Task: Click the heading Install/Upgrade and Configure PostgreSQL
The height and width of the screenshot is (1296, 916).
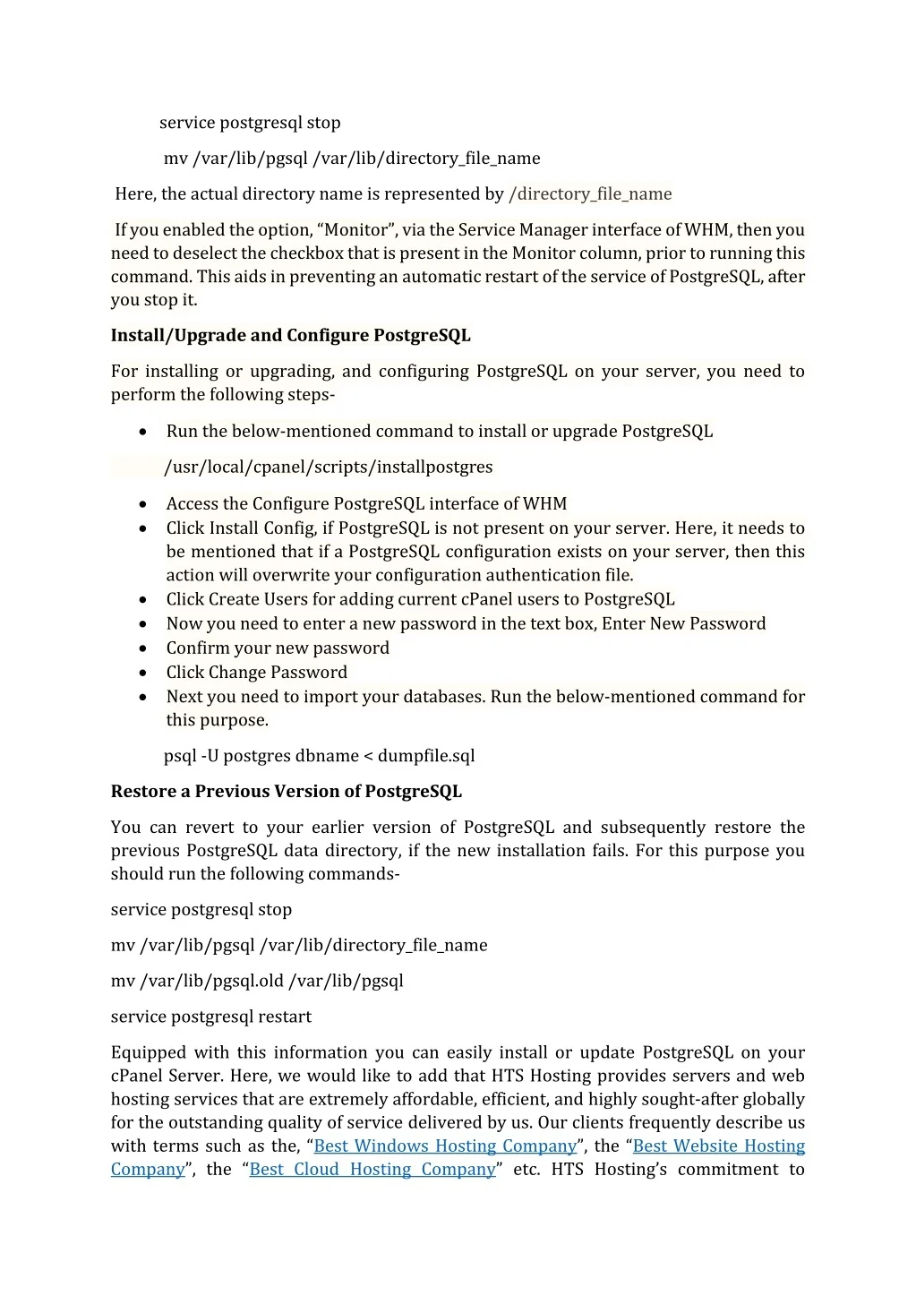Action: (x=290, y=336)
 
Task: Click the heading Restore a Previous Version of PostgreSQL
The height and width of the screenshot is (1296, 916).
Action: (x=287, y=792)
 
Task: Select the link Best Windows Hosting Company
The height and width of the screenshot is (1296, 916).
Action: (x=445, y=1146)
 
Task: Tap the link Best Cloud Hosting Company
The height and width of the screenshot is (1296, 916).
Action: (x=372, y=1170)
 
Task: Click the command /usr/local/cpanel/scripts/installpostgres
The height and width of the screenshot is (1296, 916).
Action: (x=329, y=468)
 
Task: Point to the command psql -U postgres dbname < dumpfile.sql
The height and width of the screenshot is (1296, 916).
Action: (x=319, y=756)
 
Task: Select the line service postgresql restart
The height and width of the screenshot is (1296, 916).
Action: (x=211, y=1017)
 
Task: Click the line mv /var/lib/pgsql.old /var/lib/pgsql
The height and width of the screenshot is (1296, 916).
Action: (x=257, y=982)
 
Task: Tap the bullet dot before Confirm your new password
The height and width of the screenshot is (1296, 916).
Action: (x=143, y=648)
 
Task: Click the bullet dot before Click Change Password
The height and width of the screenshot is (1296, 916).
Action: (x=143, y=673)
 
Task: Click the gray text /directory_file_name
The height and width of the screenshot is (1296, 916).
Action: (x=590, y=194)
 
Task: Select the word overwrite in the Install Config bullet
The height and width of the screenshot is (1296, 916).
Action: (x=291, y=576)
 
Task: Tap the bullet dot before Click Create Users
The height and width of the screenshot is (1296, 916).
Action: (x=143, y=600)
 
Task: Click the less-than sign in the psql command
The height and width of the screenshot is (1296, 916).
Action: (x=367, y=757)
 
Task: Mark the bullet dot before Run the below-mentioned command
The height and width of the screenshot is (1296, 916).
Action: (x=143, y=432)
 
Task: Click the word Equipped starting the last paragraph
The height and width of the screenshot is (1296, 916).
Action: (x=149, y=1053)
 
